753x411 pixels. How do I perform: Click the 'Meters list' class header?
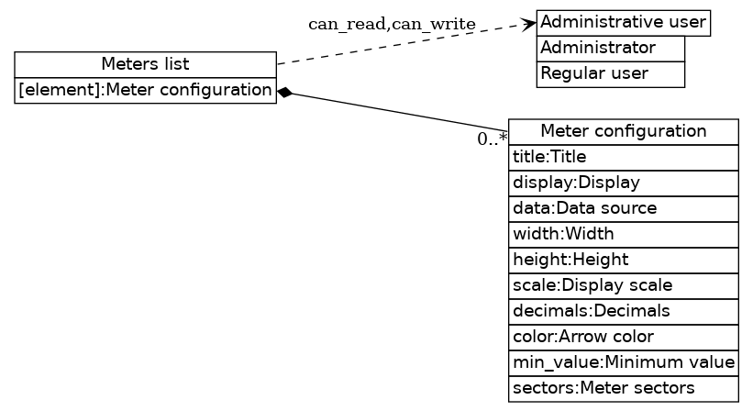point(145,64)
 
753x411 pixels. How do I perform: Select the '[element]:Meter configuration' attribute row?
point(145,90)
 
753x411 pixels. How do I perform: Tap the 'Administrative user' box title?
point(624,22)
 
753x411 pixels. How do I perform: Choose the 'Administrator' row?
point(611,48)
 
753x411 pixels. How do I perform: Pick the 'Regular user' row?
point(611,73)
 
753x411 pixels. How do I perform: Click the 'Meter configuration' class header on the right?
point(624,131)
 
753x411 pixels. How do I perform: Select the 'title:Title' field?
point(624,157)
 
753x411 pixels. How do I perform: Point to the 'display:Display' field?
point(624,183)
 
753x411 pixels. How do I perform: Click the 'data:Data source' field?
point(624,208)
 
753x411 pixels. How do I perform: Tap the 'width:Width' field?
point(624,234)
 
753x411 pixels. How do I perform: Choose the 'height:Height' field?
point(624,260)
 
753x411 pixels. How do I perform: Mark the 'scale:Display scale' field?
point(624,285)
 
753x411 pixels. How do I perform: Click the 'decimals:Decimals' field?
point(624,311)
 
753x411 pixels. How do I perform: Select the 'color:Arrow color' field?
point(624,337)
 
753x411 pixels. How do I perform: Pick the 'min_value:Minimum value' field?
point(624,362)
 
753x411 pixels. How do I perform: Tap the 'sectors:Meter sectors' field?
point(624,388)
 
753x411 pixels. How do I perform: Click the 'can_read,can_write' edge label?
point(392,24)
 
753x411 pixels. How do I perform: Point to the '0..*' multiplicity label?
point(492,139)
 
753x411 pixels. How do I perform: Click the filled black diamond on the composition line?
point(285,92)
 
